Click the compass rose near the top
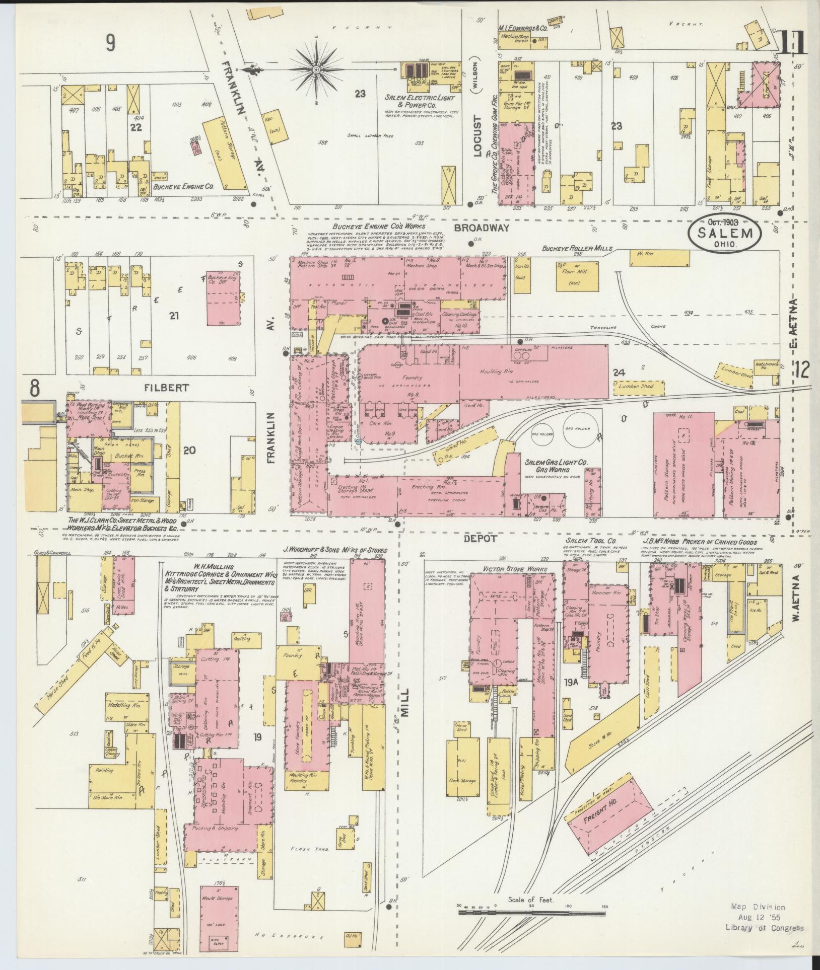click(316, 69)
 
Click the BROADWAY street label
click(482, 228)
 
